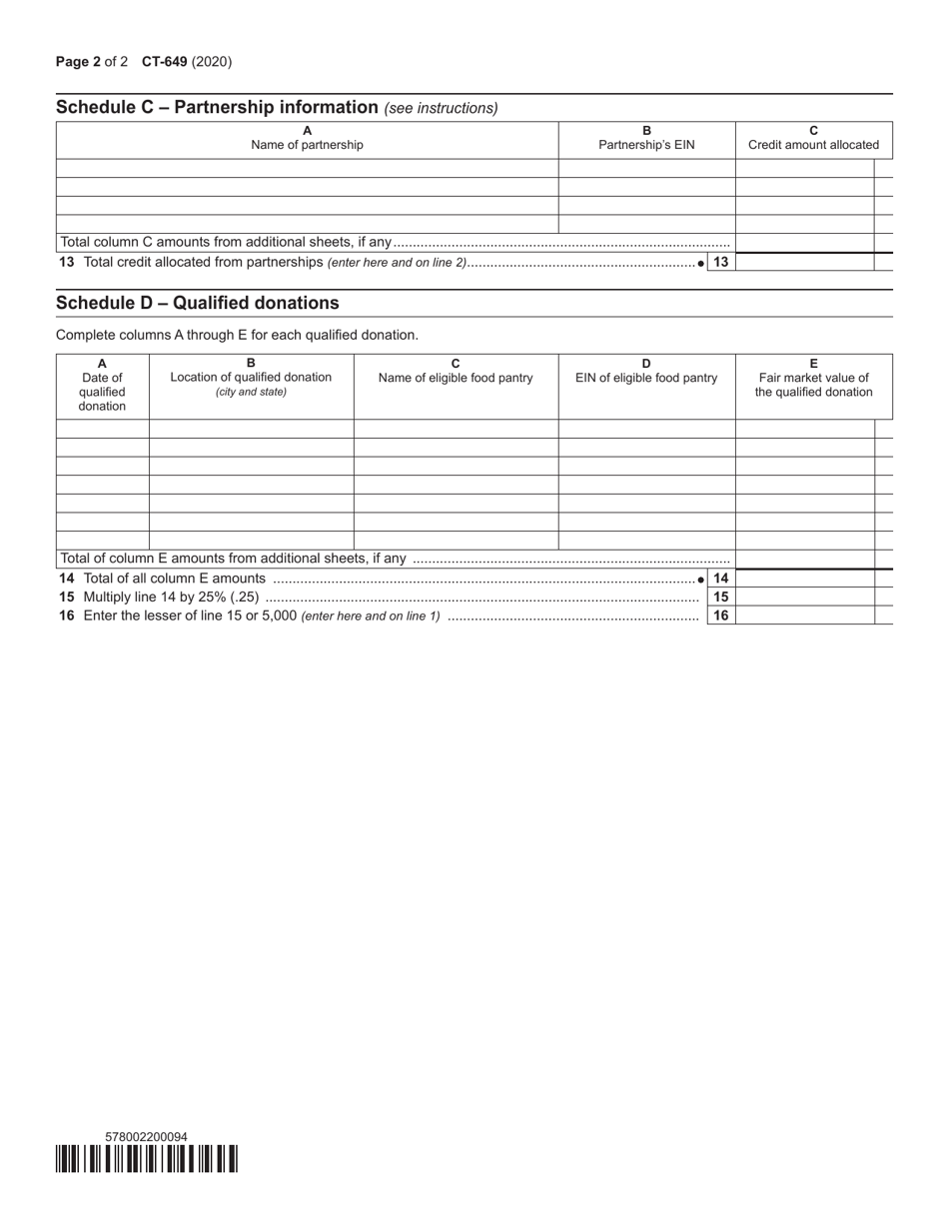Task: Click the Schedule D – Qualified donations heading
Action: (x=198, y=303)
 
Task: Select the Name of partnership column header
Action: (x=307, y=138)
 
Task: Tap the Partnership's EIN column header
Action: (x=646, y=138)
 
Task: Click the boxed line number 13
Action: (x=720, y=262)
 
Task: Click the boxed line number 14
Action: (x=720, y=579)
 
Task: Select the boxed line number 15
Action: (x=720, y=597)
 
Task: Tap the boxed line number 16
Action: (x=720, y=615)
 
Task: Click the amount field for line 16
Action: (x=805, y=615)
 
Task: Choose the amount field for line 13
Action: (x=805, y=262)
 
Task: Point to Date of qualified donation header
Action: (x=102, y=385)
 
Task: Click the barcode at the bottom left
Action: (x=147, y=1158)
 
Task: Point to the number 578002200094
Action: (x=146, y=1136)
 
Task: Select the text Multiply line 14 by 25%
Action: (x=160, y=597)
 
